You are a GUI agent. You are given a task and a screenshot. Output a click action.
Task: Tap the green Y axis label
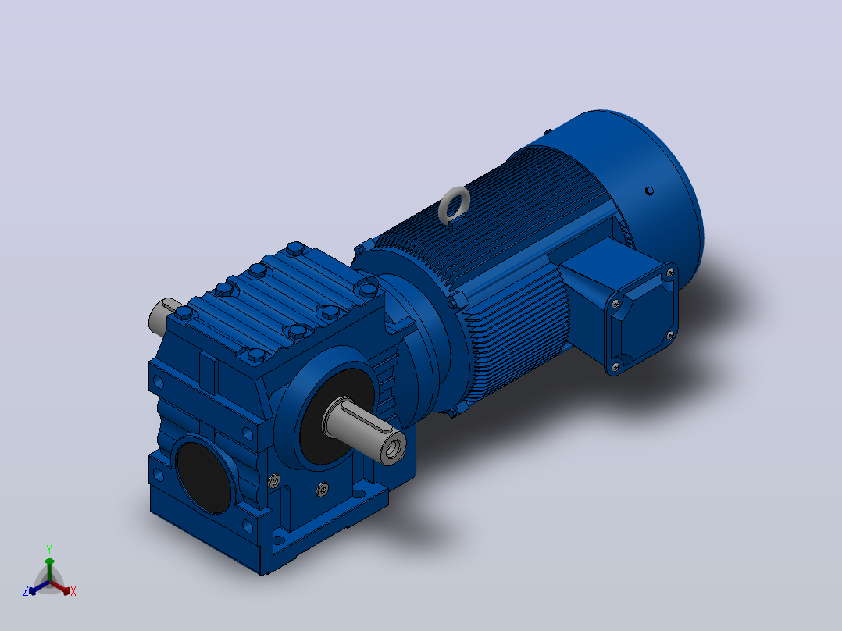(49, 550)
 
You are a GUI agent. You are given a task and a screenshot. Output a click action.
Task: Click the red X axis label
(73, 591)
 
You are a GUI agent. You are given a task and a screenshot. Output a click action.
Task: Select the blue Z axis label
(26, 591)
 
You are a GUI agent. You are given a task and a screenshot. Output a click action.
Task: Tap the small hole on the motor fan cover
(649, 191)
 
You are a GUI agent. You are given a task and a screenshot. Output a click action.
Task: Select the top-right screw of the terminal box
(670, 273)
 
